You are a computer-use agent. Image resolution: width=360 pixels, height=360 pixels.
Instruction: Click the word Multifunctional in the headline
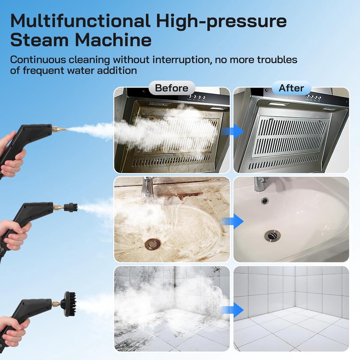80,21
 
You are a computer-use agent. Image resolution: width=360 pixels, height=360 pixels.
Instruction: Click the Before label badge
172,88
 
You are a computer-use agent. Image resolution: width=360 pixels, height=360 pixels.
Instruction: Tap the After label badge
291,88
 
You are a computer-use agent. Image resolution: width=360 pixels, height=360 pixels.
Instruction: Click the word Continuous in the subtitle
38,60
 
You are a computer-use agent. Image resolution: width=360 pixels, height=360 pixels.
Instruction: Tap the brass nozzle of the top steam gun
59,129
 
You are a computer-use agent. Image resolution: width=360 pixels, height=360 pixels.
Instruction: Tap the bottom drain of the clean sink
272,235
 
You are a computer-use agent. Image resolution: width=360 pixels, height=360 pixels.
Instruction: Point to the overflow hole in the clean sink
265,201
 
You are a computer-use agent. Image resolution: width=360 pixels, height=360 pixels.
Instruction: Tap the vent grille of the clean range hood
290,136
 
